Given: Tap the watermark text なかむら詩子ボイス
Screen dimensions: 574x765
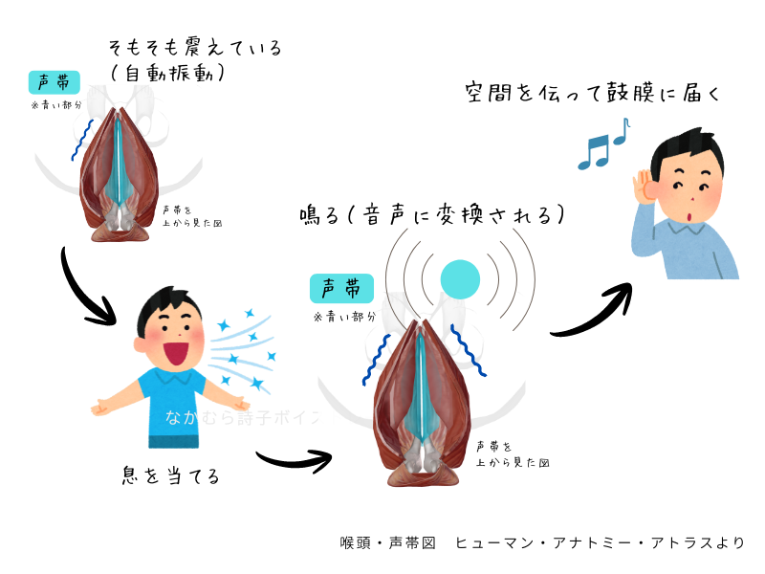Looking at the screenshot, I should click(x=244, y=418).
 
